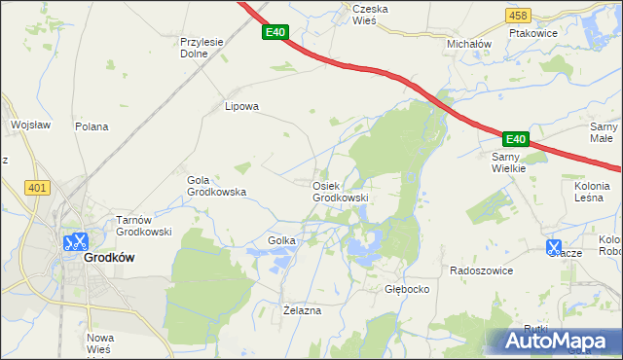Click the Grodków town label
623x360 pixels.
(x=109, y=258)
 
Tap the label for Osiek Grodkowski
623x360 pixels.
(x=340, y=192)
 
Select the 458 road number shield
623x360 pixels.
(x=519, y=16)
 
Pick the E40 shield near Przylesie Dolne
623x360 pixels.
(x=275, y=33)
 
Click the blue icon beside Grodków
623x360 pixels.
(x=75, y=242)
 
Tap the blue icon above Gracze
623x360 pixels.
(x=555, y=248)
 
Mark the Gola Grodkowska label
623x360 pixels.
(x=215, y=186)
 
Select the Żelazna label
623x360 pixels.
(x=301, y=310)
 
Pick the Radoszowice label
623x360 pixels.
(x=481, y=270)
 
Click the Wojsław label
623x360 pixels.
(x=30, y=125)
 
